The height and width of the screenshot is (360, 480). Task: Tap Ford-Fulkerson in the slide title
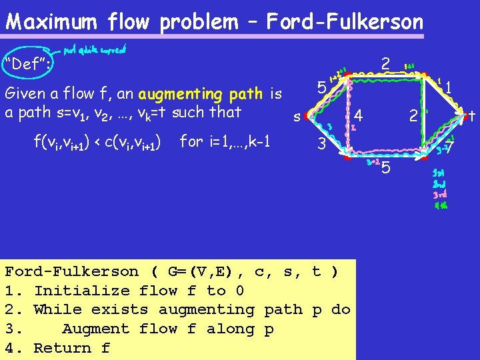(345, 22)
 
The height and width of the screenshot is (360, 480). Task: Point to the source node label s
(296, 117)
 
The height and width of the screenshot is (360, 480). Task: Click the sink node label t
(471, 115)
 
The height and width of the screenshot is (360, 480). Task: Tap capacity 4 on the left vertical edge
(359, 113)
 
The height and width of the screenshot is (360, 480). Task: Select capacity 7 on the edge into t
(449, 147)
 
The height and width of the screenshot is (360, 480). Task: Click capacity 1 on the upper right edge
(449, 87)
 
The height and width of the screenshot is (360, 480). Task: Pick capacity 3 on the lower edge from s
(321, 143)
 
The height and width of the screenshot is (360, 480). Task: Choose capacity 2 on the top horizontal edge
(385, 63)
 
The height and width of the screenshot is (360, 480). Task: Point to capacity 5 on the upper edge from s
(321, 88)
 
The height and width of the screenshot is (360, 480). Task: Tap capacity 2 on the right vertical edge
(413, 116)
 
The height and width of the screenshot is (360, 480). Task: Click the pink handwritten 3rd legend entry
(440, 195)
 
